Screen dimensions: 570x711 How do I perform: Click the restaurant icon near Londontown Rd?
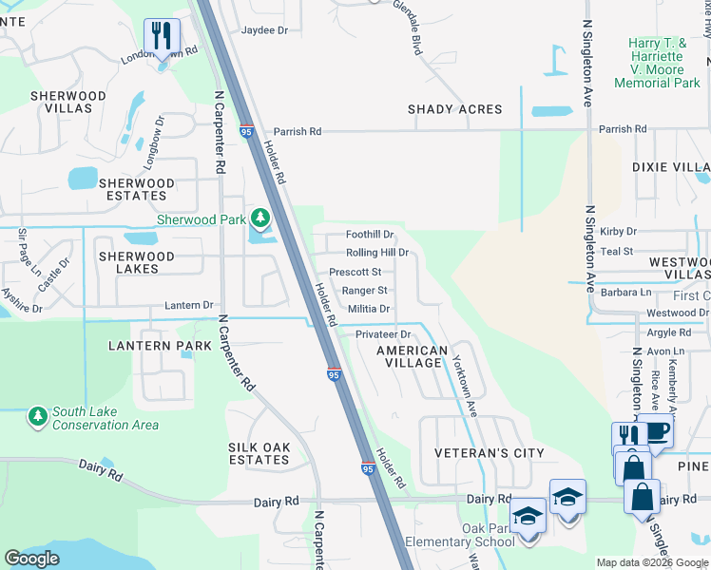(x=162, y=37)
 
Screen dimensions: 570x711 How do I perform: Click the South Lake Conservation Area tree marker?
(x=37, y=416)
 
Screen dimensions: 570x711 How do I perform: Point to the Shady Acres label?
(x=454, y=109)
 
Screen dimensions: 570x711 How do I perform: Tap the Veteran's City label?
(x=489, y=453)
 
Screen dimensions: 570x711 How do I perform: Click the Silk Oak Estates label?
(x=258, y=452)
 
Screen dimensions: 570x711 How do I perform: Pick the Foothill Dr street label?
(x=369, y=235)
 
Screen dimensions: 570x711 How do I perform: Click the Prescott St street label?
(x=355, y=272)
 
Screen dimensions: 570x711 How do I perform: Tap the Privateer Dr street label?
(x=382, y=334)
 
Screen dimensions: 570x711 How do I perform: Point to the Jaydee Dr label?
(x=264, y=30)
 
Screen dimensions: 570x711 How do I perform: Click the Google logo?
(x=31, y=559)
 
